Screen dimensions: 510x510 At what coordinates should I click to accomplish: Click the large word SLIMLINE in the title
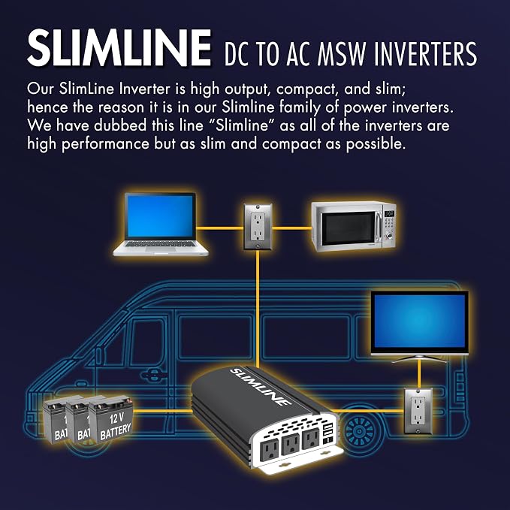[119, 48]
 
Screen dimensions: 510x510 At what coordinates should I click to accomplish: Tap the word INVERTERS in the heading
[425, 53]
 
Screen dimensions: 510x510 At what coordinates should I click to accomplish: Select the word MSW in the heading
[340, 53]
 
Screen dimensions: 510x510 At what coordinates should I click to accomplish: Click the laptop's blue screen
[160, 216]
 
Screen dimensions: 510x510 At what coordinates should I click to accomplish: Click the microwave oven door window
[349, 228]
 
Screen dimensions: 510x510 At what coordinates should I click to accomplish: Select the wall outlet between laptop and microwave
[258, 226]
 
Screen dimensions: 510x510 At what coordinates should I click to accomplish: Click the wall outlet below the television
[418, 411]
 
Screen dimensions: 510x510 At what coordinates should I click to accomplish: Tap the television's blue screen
[420, 321]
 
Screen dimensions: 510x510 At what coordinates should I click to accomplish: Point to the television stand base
[419, 359]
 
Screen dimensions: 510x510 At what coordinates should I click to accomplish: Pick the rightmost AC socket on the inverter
[311, 439]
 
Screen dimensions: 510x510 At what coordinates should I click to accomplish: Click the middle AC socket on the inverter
[291, 444]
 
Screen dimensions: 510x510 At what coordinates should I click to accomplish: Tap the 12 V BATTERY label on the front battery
[116, 426]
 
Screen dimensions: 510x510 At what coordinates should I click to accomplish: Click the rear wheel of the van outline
[360, 432]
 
